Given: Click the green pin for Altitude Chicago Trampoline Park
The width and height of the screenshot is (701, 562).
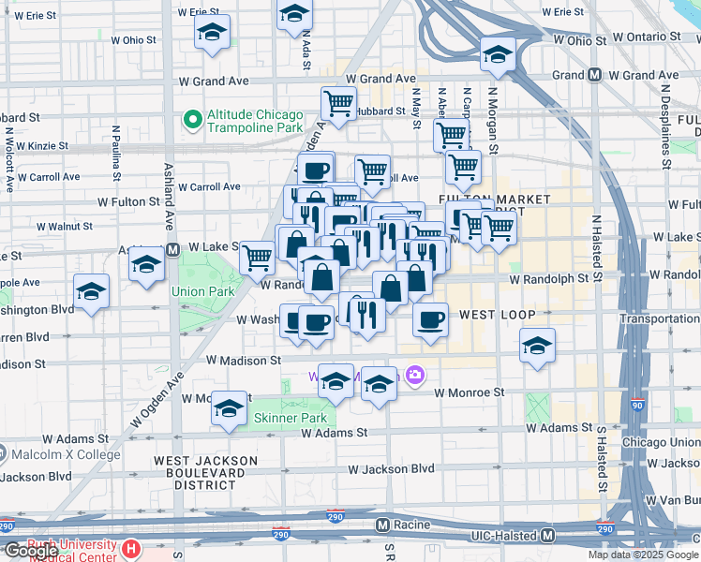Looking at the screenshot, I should [x=193, y=120].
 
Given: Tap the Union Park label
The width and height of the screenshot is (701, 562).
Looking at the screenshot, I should [x=201, y=290].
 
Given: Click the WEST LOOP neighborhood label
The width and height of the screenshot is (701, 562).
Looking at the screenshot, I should [x=497, y=315].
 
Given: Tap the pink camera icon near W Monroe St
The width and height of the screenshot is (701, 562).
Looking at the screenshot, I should [x=415, y=377].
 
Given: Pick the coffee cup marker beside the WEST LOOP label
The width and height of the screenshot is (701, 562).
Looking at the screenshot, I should [x=430, y=319].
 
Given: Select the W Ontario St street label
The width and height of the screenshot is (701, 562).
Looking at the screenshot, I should [x=647, y=36].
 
